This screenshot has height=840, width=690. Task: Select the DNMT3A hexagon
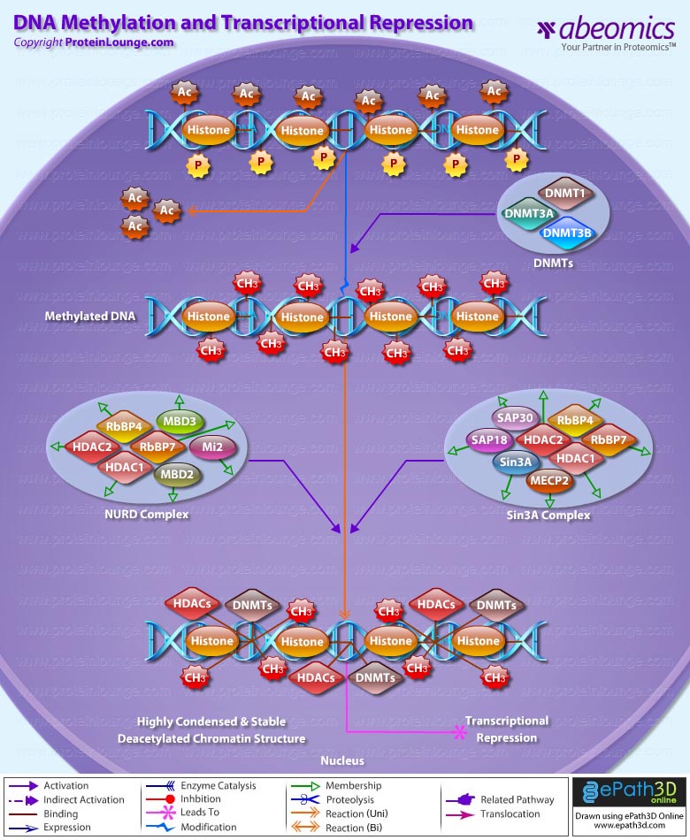529,213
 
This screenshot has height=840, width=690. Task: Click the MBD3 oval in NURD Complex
181,421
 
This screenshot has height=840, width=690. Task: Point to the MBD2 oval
180,474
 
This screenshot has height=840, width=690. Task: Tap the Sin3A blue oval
517,462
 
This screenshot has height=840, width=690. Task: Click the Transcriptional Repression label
507,729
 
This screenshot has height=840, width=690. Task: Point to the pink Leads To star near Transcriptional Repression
459,731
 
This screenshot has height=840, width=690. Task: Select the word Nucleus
342,760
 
